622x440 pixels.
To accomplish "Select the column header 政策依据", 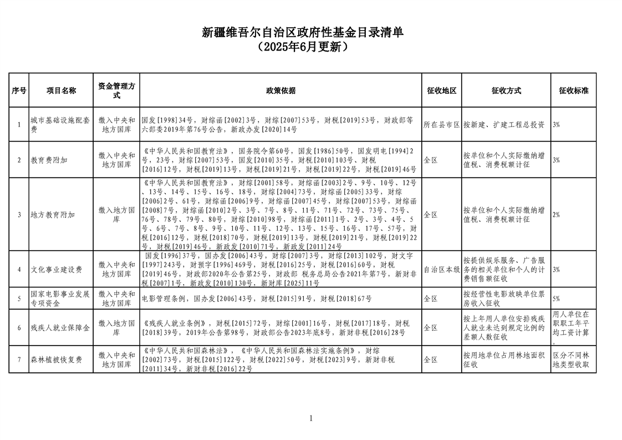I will pyautogui.click(x=281, y=90).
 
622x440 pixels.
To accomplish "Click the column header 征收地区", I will pyautogui.click(x=441, y=90).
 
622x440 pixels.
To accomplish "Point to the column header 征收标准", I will pyautogui.click(x=573, y=90).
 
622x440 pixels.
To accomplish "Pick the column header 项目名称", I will pyautogui.click(x=61, y=90).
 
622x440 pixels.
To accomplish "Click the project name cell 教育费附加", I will pyautogui.click(x=49, y=160).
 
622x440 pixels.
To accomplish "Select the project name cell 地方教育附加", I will pyautogui.click(x=53, y=214).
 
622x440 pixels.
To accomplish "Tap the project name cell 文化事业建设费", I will pyautogui.click(x=57, y=269).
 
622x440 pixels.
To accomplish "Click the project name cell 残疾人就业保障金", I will pyautogui.click(x=60, y=328).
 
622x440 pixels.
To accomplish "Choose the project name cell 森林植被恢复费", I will pyautogui.click(x=57, y=360).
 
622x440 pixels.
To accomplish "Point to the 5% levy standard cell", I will pyautogui.click(x=556, y=299).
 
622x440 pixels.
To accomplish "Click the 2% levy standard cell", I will pyautogui.click(x=556, y=214).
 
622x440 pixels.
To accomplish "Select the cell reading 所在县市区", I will pyautogui.click(x=441, y=124).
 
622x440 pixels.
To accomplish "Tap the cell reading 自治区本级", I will pyautogui.click(x=441, y=269).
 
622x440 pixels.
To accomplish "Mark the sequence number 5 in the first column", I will pyautogui.click(x=19, y=299).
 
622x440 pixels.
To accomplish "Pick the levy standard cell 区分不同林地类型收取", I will pyautogui.click(x=573, y=360).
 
